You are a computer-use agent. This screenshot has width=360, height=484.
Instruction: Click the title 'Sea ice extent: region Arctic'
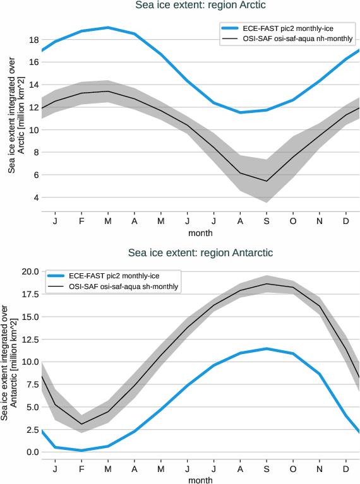(x=200, y=6)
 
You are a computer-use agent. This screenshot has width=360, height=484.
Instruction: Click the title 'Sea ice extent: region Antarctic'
(x=200, y=253)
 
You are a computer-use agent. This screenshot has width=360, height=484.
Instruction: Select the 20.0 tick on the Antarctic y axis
(x=30, y=271)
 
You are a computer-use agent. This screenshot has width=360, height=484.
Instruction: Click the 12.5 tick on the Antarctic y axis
(x=30, y=339)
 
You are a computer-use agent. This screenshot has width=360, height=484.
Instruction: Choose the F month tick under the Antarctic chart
(x=81, y=469)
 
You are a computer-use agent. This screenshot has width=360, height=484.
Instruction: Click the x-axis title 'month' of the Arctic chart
(x=200, y=233)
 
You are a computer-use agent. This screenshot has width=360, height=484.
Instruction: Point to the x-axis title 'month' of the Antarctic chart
(x=200, y=480)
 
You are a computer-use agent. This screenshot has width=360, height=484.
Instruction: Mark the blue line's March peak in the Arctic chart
(x=108, y=28)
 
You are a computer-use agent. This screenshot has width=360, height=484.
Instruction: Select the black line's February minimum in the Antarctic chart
(x=81, y=424)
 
